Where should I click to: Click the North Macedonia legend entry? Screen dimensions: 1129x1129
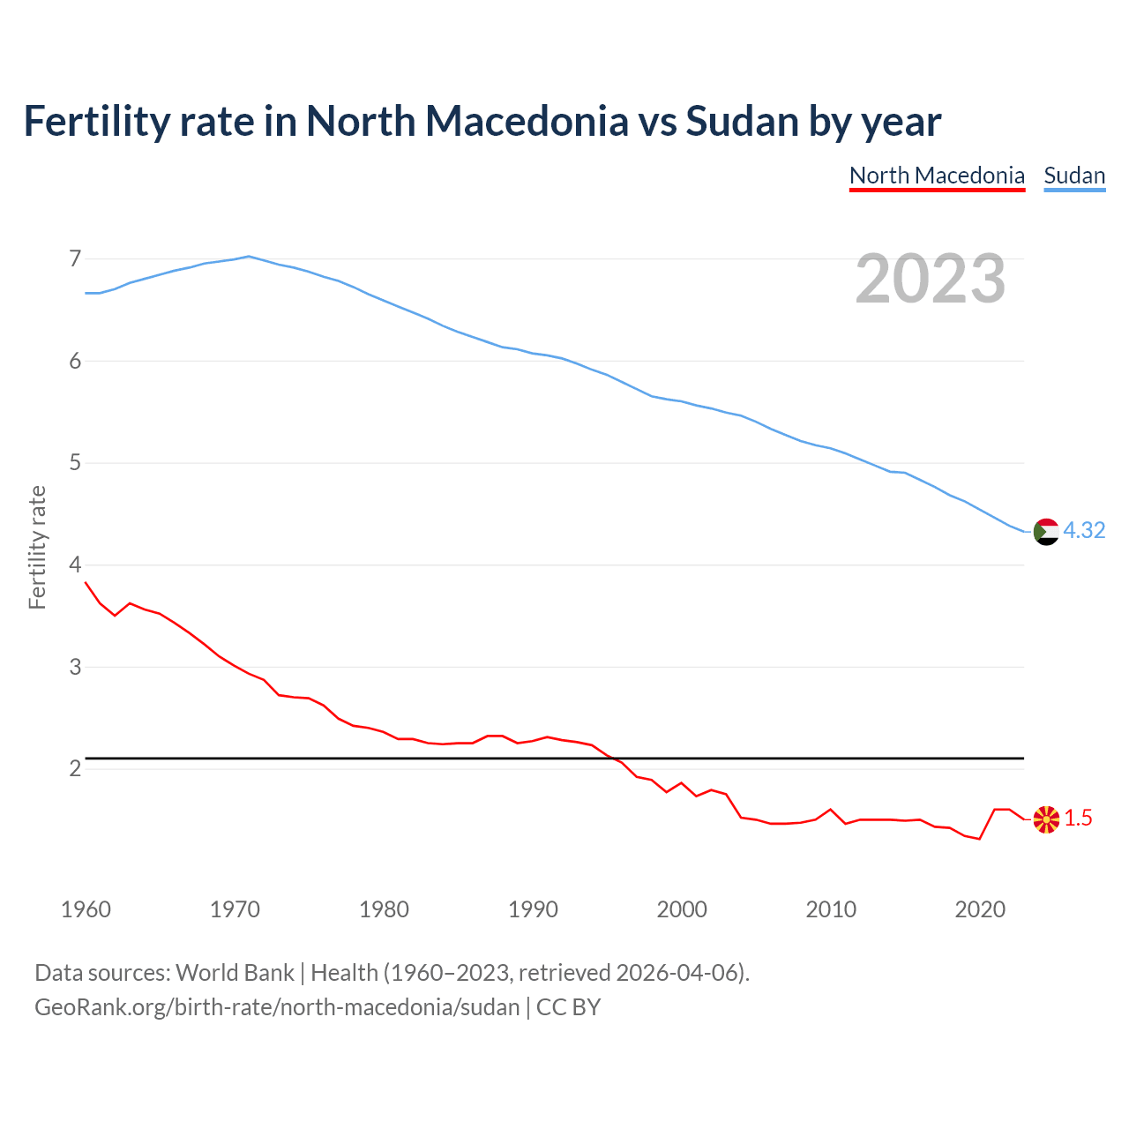point(937,176)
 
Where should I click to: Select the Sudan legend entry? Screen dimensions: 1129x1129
point(1074,176)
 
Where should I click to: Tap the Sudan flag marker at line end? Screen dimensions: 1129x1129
point(1045,532)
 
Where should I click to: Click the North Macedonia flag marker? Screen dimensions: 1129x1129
point(1045,819)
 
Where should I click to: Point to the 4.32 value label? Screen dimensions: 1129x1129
point(1084,530)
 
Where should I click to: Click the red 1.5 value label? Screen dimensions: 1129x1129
point(1078,819)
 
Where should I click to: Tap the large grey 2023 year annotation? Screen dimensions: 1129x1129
point(930,279)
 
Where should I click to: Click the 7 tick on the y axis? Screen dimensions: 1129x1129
point(75,258)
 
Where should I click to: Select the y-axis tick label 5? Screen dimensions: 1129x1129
point(75,463)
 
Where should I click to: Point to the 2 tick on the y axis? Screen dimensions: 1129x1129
point(75,769)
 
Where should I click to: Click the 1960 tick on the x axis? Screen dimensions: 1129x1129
point(86,909)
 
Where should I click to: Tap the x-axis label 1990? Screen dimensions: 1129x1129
point(533,909)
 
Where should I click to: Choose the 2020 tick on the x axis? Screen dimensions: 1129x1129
point(980,909)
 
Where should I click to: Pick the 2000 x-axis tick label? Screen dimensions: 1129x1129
point(682,909)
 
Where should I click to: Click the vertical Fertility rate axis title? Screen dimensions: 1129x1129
point(37,547)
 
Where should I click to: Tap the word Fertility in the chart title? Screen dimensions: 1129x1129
point(95,122)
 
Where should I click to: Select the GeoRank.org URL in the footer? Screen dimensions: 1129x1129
point(277,1007)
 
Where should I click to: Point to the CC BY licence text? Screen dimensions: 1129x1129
point(568,1007)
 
